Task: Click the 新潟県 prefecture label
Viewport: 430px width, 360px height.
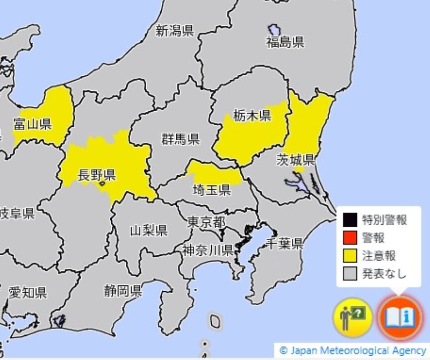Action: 175,31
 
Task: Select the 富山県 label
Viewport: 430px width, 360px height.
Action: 32,125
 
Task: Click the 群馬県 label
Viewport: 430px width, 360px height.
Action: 181,139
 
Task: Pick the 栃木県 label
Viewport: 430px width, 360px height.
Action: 252,115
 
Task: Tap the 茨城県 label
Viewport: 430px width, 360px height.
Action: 296,160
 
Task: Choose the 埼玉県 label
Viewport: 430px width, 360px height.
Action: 212,189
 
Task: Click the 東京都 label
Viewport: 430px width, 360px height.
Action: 206,222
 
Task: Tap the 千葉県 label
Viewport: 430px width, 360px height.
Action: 284,243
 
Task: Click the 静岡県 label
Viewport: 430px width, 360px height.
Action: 123,291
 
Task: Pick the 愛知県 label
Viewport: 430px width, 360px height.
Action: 28,293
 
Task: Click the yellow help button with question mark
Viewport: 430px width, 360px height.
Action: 353,316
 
